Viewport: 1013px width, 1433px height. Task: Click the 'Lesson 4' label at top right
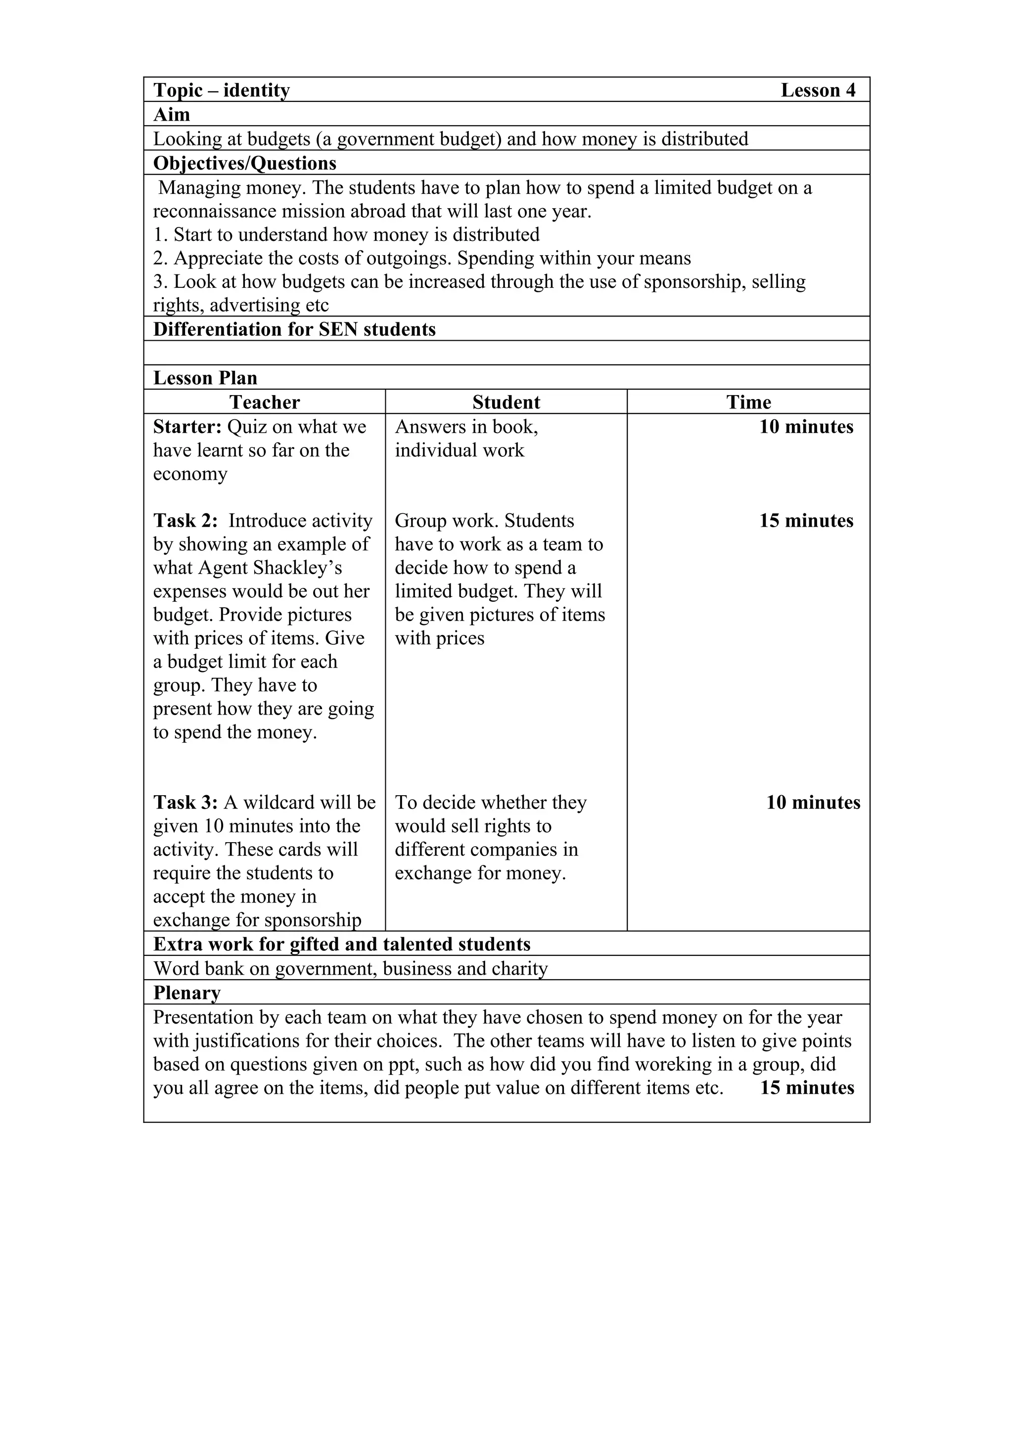(x=818, y=90)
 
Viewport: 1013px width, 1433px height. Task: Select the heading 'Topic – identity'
(x=222, y=90)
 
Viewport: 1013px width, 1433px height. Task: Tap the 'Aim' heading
(x=172, y=115)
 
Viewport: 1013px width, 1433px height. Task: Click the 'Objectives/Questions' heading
(x=245, y=164)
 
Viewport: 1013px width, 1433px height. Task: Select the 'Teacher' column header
(x=265, y=403)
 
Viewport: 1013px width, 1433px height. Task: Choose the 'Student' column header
(x=506, y=403)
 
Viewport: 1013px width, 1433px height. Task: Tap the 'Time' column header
(x=748, y=403)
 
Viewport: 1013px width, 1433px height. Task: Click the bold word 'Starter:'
(x=187, y=427)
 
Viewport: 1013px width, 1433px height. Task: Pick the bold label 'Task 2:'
(x=185, y=521)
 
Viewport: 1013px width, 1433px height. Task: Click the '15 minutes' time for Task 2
(x=806, y=521)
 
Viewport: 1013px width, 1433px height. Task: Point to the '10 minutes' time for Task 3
(x=813, y=803)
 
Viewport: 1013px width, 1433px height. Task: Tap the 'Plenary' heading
(x=186, y=993)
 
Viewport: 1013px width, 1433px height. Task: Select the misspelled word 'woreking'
(x=670, y=1064)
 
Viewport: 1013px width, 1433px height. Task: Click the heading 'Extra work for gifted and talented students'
(x=341, y=944)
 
